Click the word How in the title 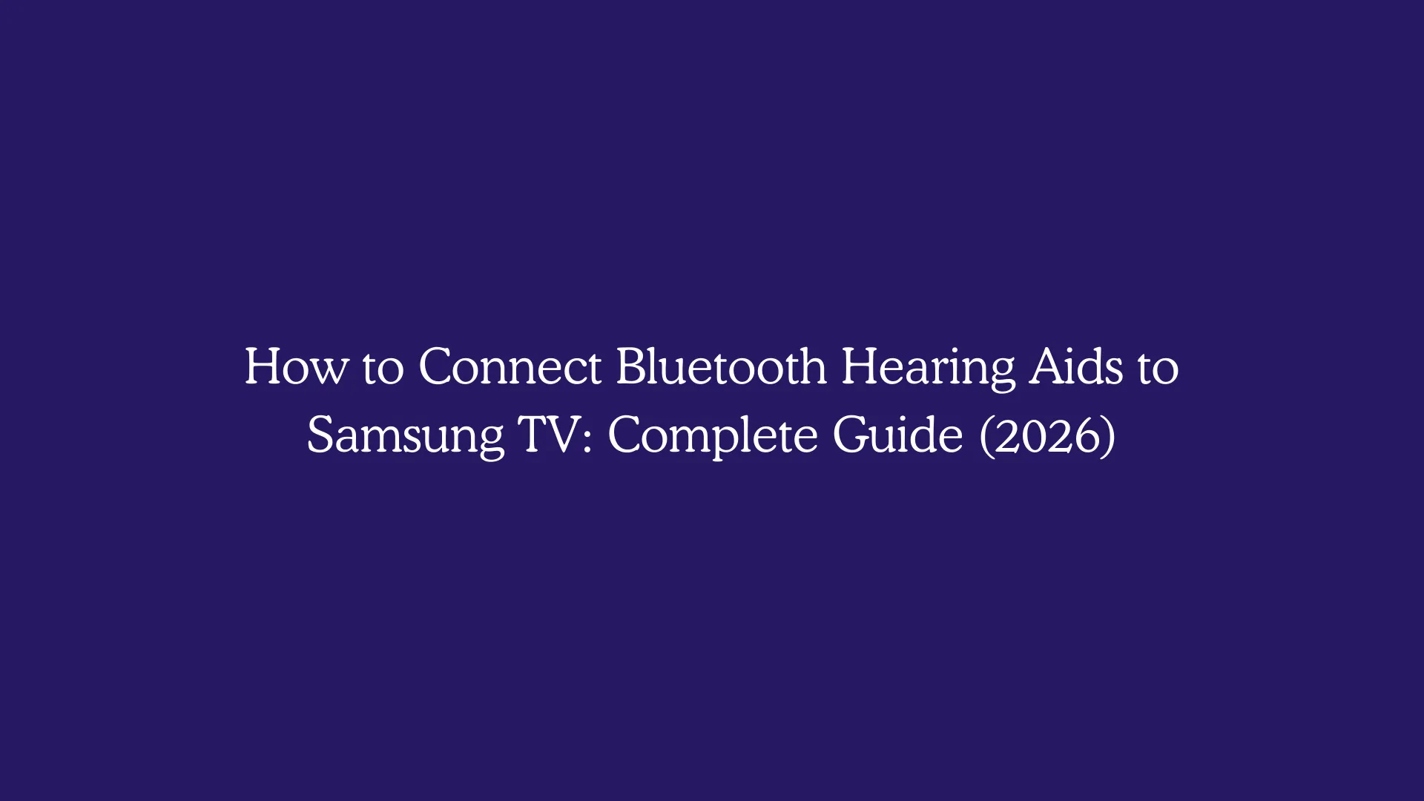pos(295,366)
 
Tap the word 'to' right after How pos(383,368)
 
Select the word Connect pos(510,366)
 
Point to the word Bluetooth pos(721,366)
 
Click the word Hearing pos(928,368)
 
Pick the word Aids pos(1076,366)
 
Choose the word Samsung pos(405,436)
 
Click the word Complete pos(713,436)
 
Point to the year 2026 pos(1047,436)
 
